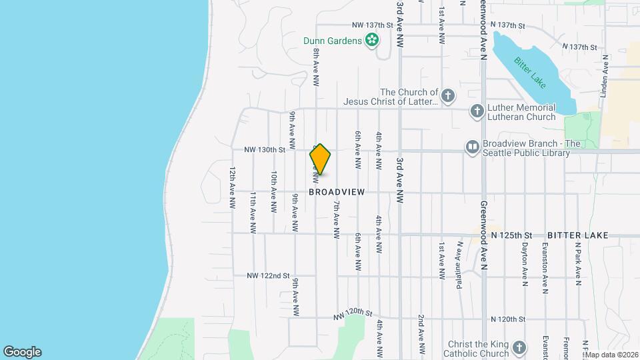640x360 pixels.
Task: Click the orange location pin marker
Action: click(x=320, y=159)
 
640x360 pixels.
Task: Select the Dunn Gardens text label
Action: click(x=331, y=41)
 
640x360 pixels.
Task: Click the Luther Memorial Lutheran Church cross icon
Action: click(x=477, y=111)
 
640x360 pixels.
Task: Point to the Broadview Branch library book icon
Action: click(x=472, y=147)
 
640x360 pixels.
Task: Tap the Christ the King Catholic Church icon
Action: click(x=520, y=347)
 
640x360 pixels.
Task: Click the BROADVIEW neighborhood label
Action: click(x=337, y=192)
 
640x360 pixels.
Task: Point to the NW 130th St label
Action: click(x=264, y=150)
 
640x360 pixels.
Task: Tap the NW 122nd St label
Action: click(x=268, y=275)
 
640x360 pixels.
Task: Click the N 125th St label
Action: click(x=512, y=235)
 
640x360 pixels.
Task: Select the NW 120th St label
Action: click(x=353, y=313)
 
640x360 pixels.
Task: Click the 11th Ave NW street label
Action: click(x=253, y=212)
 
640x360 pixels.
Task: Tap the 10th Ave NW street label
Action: click(x=274, y=191)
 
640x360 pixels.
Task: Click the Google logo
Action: click(x=22, y=352)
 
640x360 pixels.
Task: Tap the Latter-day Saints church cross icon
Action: click(x=448, y=95)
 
